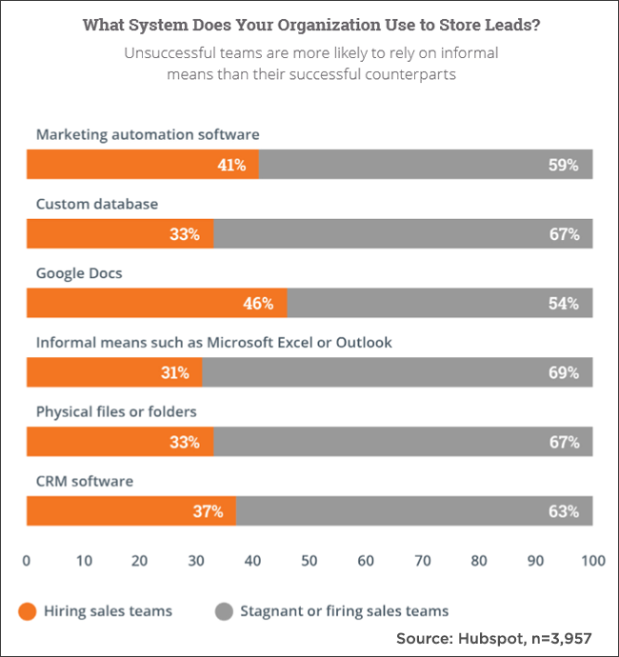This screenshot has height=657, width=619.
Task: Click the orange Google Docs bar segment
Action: tap(157, 303)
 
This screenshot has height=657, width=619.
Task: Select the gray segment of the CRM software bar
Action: tap(414, 510)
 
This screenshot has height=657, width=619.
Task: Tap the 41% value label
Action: tap(231, 165)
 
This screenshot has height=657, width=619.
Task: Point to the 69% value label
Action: tap(564, 372)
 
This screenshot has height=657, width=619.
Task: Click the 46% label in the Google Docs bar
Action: tap(258, 303)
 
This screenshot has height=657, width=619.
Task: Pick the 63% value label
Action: tap(564, 511)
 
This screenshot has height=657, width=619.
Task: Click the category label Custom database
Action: tap(97, 204)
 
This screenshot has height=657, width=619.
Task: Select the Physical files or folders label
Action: tap(116, 412)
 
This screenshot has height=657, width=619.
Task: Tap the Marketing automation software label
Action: tap(148, 134)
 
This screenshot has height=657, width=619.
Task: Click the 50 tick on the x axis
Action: tap(309, 561)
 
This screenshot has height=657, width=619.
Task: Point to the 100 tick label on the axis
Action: tap(593, 561)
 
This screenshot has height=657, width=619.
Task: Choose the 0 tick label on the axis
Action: tap(27, 561)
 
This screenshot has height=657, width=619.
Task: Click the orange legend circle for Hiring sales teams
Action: tap(28, 611)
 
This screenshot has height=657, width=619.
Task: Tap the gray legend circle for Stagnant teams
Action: tap(224, 611)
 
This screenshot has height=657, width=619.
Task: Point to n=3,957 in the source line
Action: tap(562, 639)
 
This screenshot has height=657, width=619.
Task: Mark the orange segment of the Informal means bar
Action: tap(114, 372)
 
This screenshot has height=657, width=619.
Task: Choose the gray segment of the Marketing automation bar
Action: tap(426, 164)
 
